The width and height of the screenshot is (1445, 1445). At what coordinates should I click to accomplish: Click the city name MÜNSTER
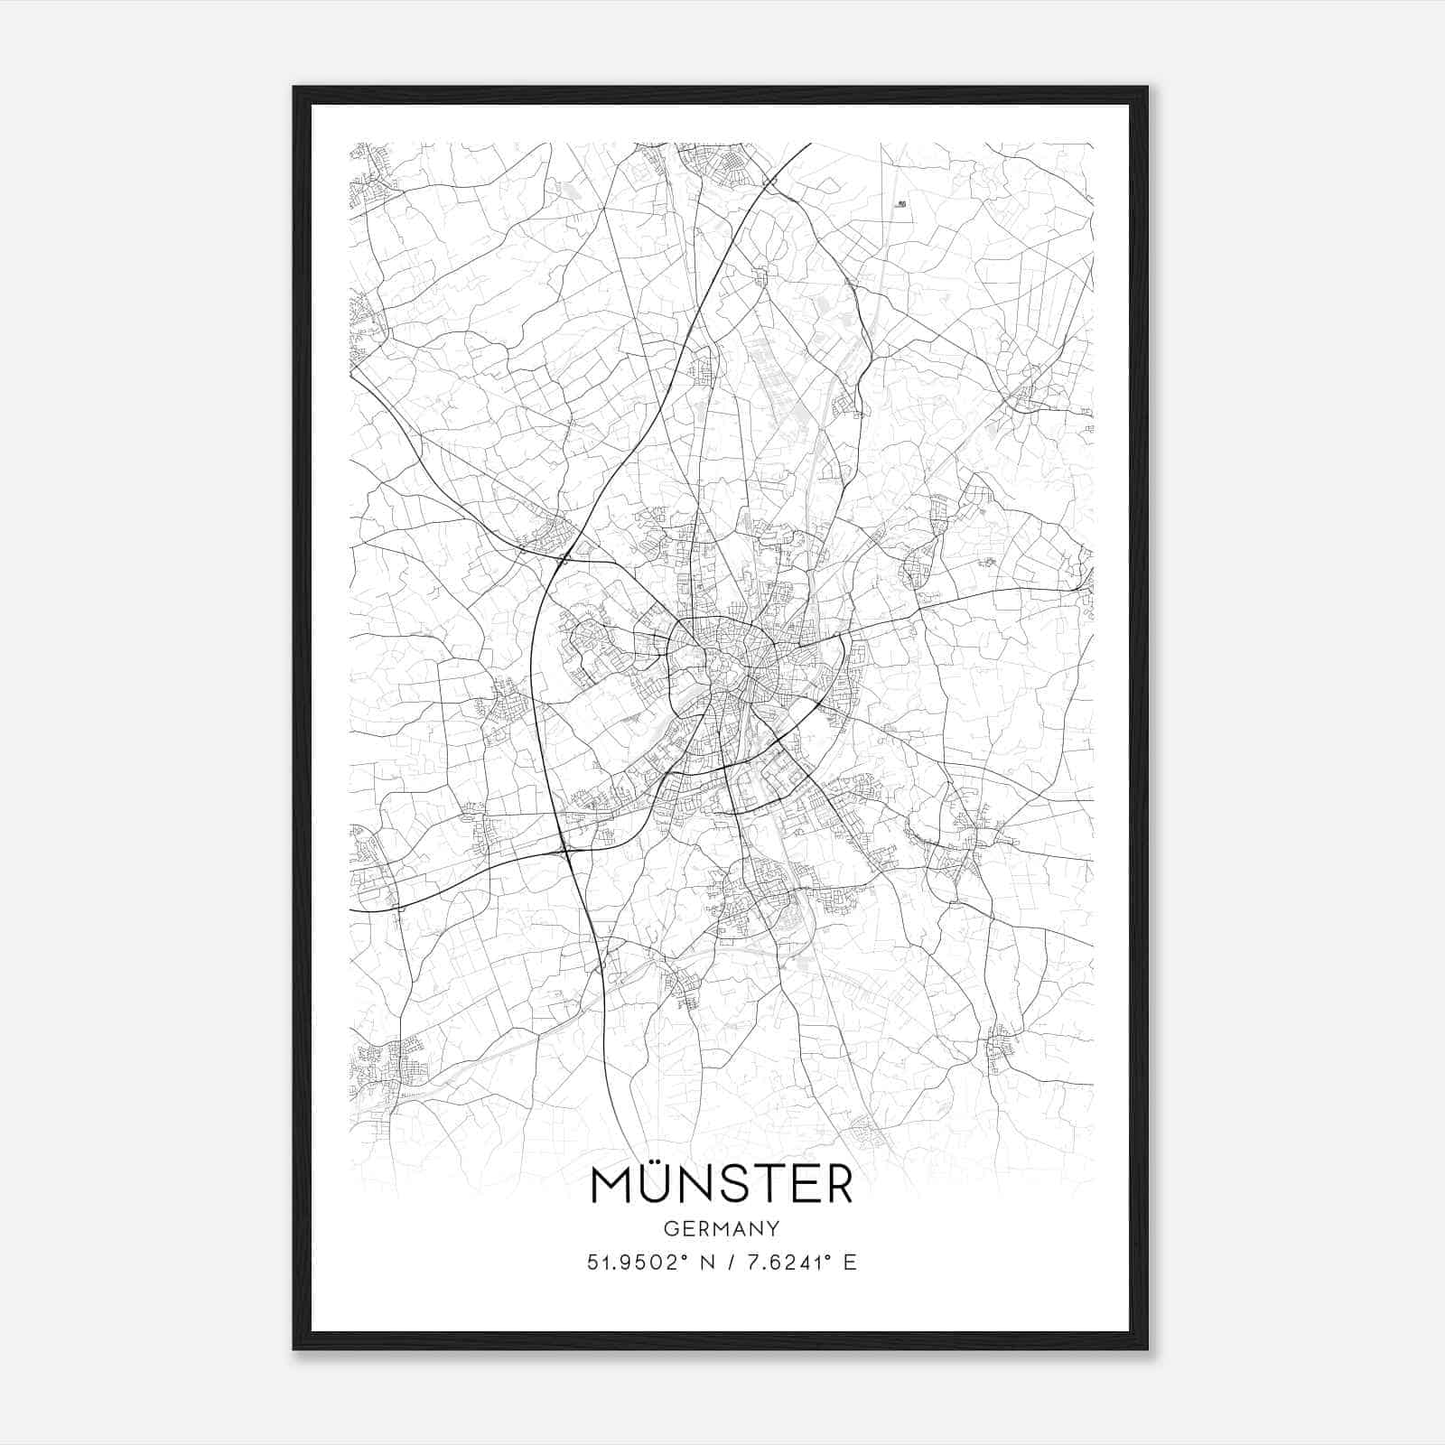coord(722,1184)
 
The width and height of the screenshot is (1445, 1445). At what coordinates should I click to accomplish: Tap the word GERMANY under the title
coord(722,1229)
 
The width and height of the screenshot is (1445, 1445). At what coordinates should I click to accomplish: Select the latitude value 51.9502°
coord(638,1263)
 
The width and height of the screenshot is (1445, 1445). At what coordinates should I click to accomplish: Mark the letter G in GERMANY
coord(670,1229)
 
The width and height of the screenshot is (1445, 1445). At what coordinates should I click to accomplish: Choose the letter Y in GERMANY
coord(772,1229)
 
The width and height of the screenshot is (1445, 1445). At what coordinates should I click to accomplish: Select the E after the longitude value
coord(849,1263)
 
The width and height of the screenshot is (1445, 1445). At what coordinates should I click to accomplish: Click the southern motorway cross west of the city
coord(565,850)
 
